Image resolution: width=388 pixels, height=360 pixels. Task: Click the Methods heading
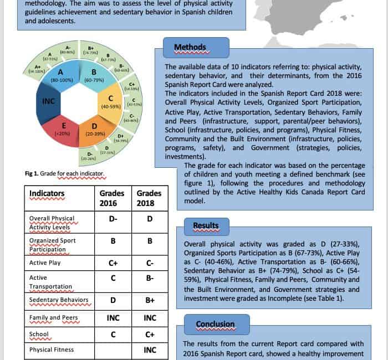[x=190, y=48]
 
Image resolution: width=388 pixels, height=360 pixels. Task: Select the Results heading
[x=205, y=226]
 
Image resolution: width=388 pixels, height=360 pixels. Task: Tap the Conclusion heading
[x=215, y=324]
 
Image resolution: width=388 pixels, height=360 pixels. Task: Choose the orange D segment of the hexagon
[x=94, y=130]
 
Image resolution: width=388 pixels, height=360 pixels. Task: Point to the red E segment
[x=63, y=129]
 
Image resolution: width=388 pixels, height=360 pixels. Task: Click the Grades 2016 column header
[x=113, y=198]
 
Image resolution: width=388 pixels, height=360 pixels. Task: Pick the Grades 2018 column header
[x=149, y=198]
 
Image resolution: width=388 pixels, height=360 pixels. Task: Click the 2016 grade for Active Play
[x=113, y=263]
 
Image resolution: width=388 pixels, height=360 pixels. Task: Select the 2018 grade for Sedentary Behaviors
[x=149, y=300]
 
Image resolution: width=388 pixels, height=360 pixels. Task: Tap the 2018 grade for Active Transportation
[x=149, y=277]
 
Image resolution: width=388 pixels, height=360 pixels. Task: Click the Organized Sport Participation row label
[x=53, y=245]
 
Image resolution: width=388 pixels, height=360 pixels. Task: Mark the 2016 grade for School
[x=113, y=335]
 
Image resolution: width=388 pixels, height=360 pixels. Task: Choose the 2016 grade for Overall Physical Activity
[x=113, y=219]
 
